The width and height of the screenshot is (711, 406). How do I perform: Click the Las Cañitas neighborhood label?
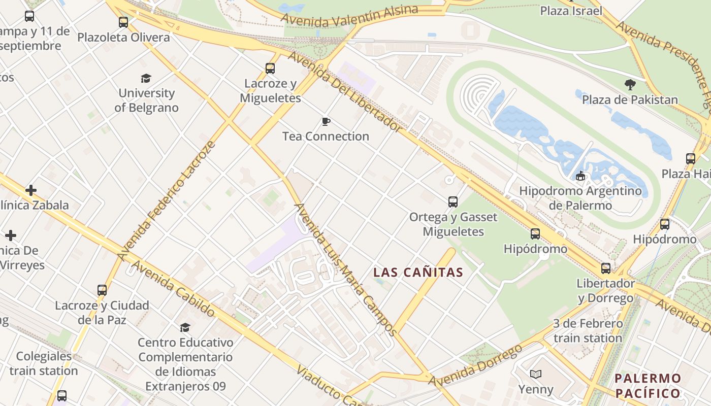pos(418,272)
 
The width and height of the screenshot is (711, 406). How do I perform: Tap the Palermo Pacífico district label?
pos(648,386)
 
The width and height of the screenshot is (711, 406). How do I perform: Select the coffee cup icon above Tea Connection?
pos(326,121)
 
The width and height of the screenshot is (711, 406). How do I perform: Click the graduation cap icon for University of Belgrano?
pos(146,78)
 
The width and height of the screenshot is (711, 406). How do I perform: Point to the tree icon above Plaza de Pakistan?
pos(630,85)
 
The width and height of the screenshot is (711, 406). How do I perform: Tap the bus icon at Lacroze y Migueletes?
pos(270,68)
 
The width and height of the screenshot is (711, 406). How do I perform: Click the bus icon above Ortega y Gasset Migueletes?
pos(453,202)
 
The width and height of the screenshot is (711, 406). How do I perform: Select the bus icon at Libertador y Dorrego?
pos(605,268)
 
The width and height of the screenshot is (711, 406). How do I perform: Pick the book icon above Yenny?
pos(535,375)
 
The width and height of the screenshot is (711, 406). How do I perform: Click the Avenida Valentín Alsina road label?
pos(349,15)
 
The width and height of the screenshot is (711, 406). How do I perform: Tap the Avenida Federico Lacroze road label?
pos(167,201)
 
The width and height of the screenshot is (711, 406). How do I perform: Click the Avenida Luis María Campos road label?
pos(345,269)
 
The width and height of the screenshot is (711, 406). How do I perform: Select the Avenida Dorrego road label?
pos(475,366)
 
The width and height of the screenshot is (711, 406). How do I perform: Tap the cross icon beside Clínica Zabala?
pos(31,190)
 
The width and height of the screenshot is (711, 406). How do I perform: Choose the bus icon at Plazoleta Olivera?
pos(123,22)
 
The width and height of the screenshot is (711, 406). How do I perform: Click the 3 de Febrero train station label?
pos(588,331)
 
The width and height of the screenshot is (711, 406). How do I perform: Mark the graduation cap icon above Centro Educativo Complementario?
pos(185,327)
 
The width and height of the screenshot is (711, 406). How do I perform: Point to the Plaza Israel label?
pos(571,11)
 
